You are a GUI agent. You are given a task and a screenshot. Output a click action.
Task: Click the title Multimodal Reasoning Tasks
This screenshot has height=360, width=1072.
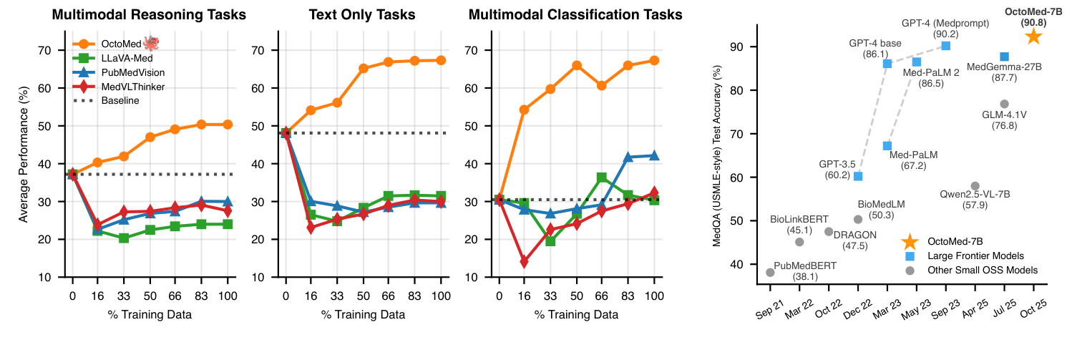click(x=149, y=14)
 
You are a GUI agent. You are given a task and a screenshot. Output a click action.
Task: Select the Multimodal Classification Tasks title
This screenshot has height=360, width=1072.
click(x=576, y=14)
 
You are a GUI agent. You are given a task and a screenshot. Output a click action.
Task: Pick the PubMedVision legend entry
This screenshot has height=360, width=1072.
click(x=131, y=72)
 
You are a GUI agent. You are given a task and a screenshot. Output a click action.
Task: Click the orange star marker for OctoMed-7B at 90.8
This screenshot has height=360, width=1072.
click(x=1033, y=37)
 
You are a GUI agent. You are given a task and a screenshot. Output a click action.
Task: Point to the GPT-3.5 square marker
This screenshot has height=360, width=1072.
click(x=858, y=176)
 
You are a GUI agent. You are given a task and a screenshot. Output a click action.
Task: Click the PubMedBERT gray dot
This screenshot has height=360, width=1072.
click(x=770, y=273)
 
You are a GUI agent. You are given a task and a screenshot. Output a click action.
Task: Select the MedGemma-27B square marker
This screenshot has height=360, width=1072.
click(x=1004, y=57)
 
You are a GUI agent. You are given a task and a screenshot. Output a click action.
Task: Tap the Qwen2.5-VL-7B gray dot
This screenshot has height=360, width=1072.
click(x=975, y=186)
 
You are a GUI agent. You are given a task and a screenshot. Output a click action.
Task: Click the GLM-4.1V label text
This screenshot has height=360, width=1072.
click(x=1003, y=115)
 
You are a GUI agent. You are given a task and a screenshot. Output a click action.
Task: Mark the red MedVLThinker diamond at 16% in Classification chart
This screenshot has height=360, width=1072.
click(x=525, y=262)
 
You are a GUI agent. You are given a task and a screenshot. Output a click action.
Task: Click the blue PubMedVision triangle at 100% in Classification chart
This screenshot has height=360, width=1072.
click(x=653, y=155)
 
